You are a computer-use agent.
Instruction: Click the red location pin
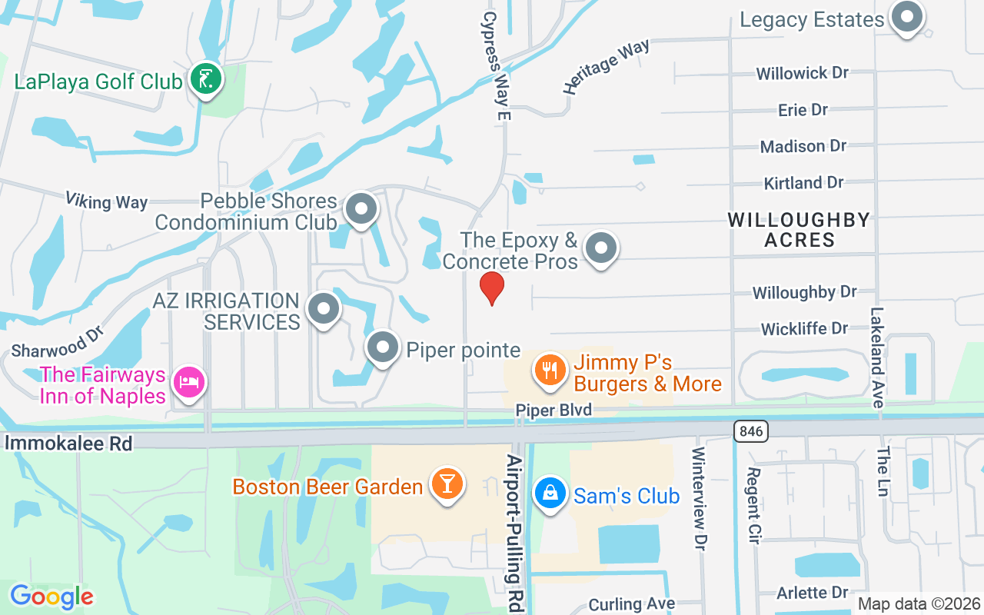(x=492, y=288)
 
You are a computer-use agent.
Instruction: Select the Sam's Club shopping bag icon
(x=550, y=493)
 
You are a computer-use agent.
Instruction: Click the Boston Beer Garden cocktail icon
(x=447, y=484)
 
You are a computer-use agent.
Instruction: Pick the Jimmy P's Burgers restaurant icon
(x=550, y=371)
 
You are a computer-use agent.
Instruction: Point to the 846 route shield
(x=750, y=431)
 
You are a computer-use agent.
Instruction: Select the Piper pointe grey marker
(x=382, y=348)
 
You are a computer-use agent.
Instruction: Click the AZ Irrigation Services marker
(x=324, y=309)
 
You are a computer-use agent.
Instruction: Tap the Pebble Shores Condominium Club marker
(x=361, y=209)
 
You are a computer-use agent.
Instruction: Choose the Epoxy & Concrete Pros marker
(x=601, y=248)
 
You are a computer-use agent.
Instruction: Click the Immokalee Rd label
(x=68, y=443)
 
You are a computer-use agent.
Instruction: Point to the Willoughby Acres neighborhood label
(x=799, y=230)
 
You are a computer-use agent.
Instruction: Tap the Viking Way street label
(x=106, y=201)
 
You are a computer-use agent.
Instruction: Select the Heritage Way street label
(x=606, y=67)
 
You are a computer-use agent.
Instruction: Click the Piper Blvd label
(x=553, y=411)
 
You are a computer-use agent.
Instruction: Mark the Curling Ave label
(x=632, y=604)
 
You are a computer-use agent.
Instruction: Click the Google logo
(x=52, y=596)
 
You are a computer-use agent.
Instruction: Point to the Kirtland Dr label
(x=803, y=183)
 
